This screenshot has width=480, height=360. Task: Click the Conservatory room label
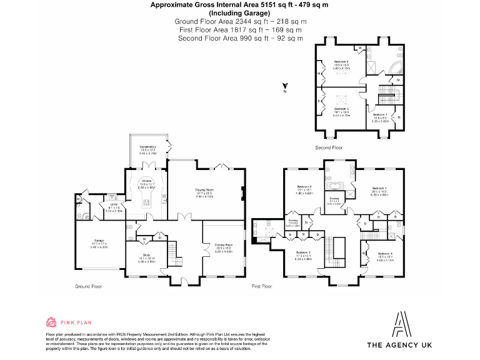[x=147, y=149]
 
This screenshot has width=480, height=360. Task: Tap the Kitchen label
[x=147, y=182]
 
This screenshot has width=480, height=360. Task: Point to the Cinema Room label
[x=223, y=245]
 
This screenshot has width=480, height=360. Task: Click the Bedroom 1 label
[x=379, y=189]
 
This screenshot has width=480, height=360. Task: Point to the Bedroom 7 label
[x=380, y=115]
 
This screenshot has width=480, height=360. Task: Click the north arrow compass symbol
[x=284, y=86]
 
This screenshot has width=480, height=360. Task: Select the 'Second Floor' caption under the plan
[x=329, y=148]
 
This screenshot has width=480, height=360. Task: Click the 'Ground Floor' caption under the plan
[x=88, y=286]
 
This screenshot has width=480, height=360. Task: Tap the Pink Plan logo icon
[x=51, y=322]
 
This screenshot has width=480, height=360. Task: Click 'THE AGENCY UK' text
[x=399, y=345]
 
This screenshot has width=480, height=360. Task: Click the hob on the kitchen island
[x=147, y=202]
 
